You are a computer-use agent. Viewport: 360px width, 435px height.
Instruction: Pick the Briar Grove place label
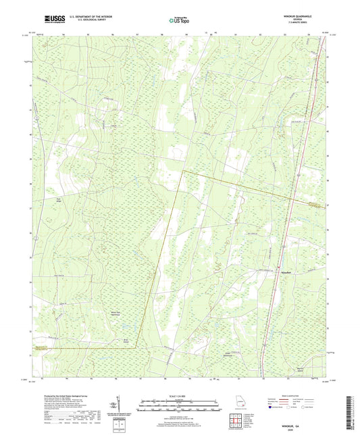124,340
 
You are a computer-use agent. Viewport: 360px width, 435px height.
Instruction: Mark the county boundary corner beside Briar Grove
136,347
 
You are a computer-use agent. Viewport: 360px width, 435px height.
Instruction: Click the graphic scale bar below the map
180,407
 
